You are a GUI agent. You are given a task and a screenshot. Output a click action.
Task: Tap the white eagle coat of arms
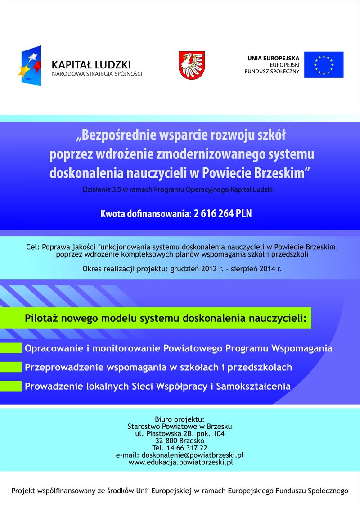[192, 65]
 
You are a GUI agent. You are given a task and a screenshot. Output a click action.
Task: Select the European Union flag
[324, 65]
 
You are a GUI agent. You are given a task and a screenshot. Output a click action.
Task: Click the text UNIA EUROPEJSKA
[273, 59]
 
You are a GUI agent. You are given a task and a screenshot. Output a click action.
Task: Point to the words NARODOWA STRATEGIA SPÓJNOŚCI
[97, 74]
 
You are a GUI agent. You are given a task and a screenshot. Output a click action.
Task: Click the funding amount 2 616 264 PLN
[223, 214]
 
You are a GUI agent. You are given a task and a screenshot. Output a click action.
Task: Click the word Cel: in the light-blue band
[33, 247]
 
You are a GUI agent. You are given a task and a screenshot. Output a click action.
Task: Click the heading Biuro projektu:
[180, 419]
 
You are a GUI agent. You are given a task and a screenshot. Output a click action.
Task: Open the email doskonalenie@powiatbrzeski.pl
[193, 455]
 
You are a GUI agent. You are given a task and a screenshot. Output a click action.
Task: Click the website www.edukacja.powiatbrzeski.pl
[180, 462]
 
